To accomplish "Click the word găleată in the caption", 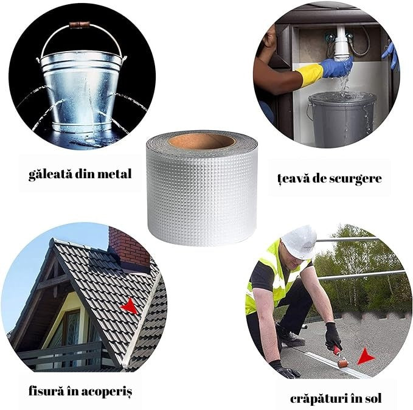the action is [50, 175].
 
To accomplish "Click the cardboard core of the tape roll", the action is [201, 141].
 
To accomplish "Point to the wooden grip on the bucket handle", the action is [79, 25].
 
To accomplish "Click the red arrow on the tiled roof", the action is [130, 306].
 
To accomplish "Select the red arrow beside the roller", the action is [366, 356].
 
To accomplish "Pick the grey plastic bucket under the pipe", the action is [342, 119].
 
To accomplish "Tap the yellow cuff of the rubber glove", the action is [309, 74].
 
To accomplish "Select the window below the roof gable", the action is [71, 327].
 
